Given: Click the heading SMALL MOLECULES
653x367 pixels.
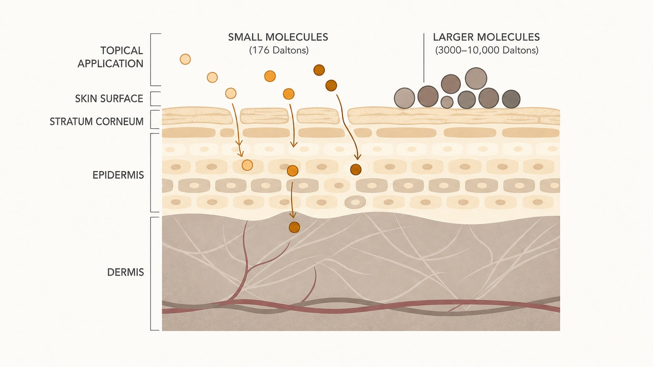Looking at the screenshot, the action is [x=278, y=37].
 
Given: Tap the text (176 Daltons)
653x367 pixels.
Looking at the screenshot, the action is [x=279, y=51].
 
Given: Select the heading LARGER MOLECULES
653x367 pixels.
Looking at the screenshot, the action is [x=486, y=37].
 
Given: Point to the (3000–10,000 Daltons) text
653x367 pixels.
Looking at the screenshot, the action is [x=486, y=51].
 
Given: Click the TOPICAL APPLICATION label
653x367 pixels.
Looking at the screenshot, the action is [x=110, y=57].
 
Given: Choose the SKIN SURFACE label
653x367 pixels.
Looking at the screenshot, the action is [x=109, y=99].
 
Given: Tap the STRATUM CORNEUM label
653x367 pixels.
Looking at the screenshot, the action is [x=97, y=121].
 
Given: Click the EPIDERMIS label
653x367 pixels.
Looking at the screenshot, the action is [x=118, y=175].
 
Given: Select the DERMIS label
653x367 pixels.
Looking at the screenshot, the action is [x=125, y=272].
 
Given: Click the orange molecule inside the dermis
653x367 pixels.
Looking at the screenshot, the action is [x=294, y=227].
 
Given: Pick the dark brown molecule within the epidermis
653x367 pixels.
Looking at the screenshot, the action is [x=356, y=169].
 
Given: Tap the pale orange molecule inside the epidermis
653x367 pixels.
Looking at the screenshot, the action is [x=247, y=165].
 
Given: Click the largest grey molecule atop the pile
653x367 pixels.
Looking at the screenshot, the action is [x=476, y=78].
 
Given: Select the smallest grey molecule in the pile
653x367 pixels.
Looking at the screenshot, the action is [x=447, y=102].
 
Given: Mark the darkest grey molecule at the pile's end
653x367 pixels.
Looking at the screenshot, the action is [x=511, y=99].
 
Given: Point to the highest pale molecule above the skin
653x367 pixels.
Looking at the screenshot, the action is [x=185, y=59].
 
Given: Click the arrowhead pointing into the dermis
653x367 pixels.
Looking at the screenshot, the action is [x=292, y=215].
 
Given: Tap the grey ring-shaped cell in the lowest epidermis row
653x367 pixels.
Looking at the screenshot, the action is [x=355, y=202].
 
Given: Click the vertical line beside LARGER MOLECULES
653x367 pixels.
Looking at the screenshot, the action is [x=424, y=58].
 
